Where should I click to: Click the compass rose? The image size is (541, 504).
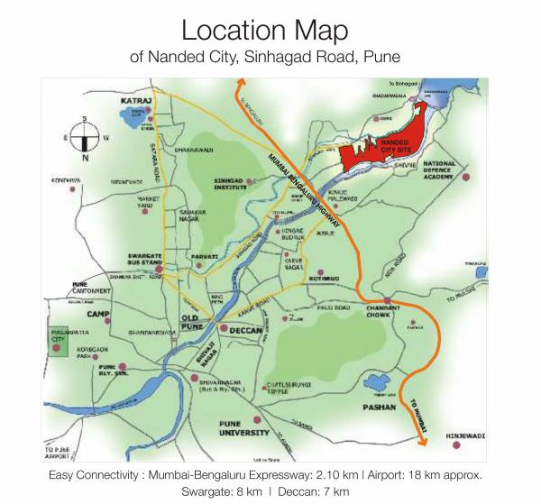(x=83, y=137)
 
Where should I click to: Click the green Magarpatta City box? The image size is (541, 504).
(x=61, y=341)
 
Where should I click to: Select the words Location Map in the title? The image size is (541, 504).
(x=264, y=30)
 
